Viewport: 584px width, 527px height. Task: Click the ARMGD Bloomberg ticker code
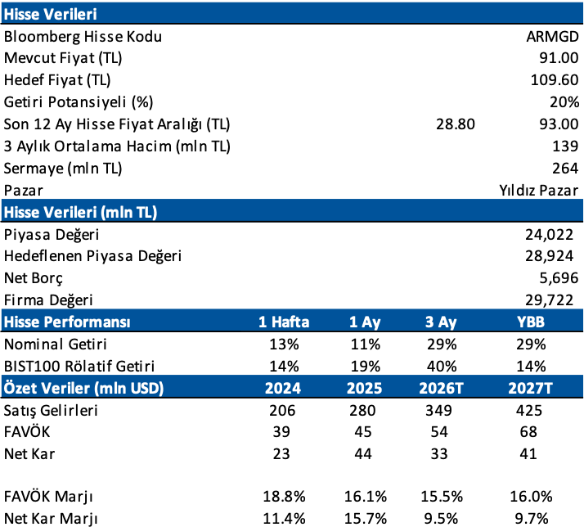click(552, 37)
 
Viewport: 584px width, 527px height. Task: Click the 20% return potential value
click(564, 102)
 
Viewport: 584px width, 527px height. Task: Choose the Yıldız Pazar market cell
click(538, 190)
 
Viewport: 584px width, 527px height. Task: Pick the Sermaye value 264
click(565, 169)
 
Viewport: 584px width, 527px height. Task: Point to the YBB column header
click(531, 322)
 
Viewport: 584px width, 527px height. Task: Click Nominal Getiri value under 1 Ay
click(366, 345)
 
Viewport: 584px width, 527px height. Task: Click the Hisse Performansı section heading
click(67, 322)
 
